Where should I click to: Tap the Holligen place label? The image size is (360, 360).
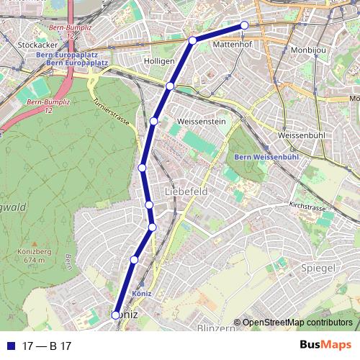(160, 61)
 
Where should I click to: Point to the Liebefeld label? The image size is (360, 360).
(186, 192)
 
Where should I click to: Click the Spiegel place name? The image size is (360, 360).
(320, 268)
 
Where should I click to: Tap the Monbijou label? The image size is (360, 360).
(308, 50)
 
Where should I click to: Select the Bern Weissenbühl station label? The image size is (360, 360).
(257, 158)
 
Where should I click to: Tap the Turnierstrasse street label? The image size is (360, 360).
(111, 111)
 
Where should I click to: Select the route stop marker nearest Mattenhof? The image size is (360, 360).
(244, 25)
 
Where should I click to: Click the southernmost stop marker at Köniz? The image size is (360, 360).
(116, 315)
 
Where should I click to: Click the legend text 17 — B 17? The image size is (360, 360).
(47, 346)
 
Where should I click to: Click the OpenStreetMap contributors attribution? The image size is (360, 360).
(297, 322)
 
